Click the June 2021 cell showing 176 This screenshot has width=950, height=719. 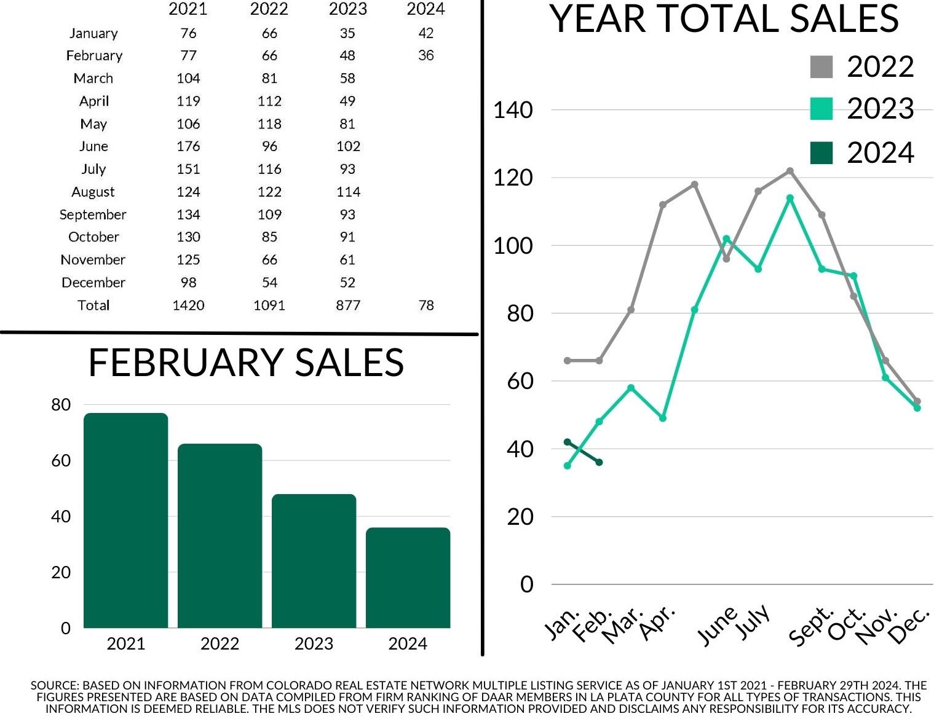click(x=188, y=146)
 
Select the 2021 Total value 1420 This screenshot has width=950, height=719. click(x=188, y=305)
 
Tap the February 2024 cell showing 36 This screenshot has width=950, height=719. click(x=426, y=55)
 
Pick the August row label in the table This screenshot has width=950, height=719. click(x=93, y=192)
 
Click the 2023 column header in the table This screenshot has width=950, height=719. click(x=347, y=10)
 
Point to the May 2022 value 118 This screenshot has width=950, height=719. click(x=269, y=124)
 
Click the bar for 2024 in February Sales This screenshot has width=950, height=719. click(x=408, y=577)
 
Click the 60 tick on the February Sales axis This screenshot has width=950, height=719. click(x=61, y=460)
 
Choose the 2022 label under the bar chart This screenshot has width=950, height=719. click(x=220, y=643)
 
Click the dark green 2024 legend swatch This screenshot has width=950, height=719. click(x=821, y=153)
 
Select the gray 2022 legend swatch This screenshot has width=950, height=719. click(x=821, y=67)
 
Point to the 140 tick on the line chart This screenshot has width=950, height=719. click(x=513, y=111)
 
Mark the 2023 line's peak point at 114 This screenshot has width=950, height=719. click(x=790, y=198)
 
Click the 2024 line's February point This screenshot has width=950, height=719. click(x=599, y=462)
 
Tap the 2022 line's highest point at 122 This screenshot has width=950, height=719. click(x=790, y=171)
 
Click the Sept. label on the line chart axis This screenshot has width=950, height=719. click(x=812, y=627)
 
